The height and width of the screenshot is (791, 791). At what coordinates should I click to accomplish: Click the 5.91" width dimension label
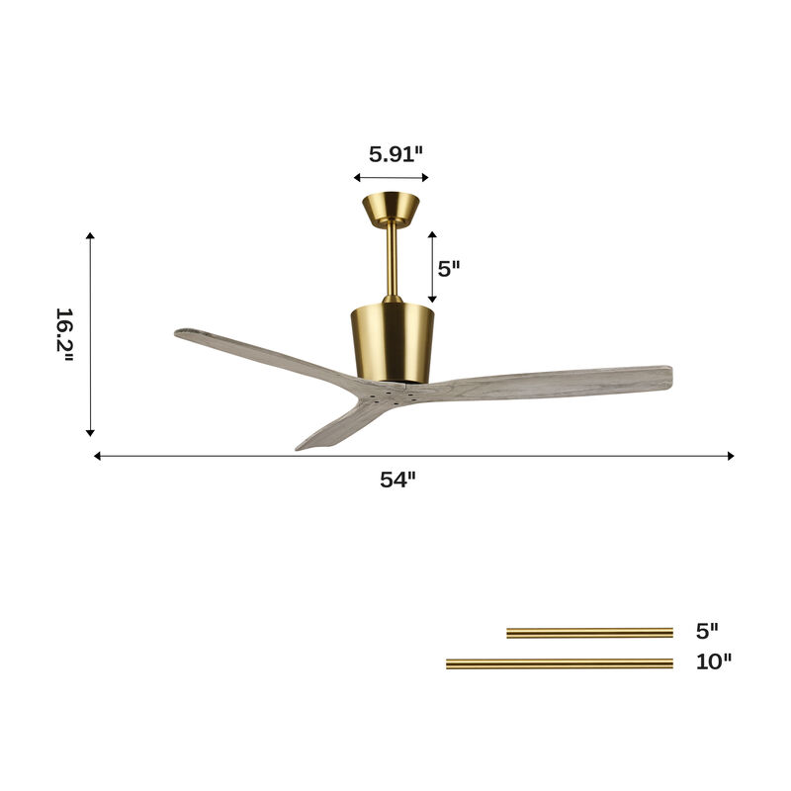[395, 153]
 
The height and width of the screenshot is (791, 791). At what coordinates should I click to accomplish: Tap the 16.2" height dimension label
[65, 334]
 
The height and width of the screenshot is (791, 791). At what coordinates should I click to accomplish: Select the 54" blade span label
[398, 480]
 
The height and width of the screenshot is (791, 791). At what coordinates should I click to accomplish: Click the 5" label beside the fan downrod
[450, 268]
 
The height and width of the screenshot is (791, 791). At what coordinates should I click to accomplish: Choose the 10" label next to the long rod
[713, 662]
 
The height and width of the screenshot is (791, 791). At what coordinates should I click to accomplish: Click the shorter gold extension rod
[589, 633]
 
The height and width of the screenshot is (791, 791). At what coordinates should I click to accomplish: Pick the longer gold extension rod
[559, 663]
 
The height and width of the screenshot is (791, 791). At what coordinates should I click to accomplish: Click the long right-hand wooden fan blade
[554, 383]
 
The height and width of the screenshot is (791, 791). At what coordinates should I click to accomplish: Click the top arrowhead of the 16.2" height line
[90, 237]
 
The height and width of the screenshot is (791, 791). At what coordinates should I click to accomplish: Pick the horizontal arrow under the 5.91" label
[391, 178]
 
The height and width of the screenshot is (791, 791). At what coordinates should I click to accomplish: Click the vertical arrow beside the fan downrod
[432, 267]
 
